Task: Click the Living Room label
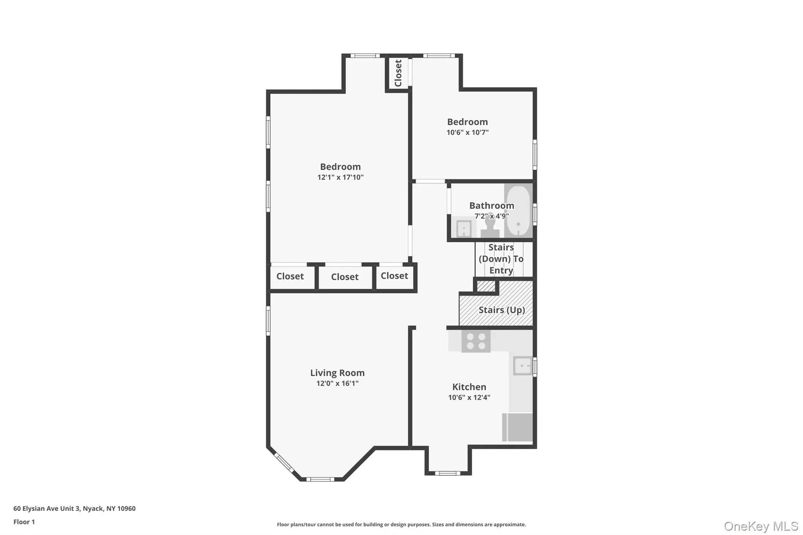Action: click(337, 373)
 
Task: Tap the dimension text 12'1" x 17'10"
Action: click(340, 177)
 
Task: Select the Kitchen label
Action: click(469, 387)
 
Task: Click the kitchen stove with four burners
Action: click(476, 341)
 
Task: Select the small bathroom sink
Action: click(464, 229)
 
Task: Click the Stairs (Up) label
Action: click(501, 310)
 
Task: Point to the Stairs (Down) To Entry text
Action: click(501, 259)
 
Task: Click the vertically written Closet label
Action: click(398, 73)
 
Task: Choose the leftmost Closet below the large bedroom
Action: click(290, 276)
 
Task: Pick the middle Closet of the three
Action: click(345, 277)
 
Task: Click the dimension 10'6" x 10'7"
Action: click(467, 132)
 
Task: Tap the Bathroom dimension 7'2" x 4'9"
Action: click(492, 216)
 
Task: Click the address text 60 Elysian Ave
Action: click(74, 508)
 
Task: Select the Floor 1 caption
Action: click(24, 522)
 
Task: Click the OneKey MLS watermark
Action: click(761, 526)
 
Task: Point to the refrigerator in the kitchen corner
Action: click(518, 427)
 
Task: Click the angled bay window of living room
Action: click(283, 462)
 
